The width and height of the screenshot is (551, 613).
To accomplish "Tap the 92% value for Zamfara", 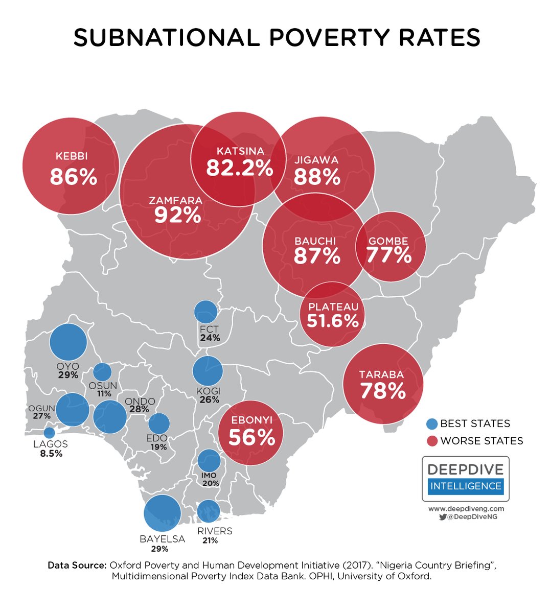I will pos(177,215).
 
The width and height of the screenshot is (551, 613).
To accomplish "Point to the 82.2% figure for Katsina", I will pos(240,168).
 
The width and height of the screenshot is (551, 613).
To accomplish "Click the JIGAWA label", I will pos(317,160).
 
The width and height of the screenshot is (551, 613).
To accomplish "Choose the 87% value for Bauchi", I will pos(317,256).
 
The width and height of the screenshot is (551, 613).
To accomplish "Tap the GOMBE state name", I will pos(388,241).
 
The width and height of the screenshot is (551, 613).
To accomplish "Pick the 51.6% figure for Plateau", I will pos(333,321).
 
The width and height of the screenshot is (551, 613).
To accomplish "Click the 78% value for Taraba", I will pos(383,391).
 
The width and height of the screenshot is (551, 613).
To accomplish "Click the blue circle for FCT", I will pos(206,312).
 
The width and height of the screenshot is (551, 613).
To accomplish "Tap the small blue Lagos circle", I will pos(50,433).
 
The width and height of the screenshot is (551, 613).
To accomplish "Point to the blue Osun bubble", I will pos(102,372).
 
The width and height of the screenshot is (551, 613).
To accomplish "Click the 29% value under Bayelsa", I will pos(159,549).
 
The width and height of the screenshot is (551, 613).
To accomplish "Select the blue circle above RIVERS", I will pos(209,511).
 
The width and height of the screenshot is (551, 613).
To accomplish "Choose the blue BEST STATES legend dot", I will pos(432,423).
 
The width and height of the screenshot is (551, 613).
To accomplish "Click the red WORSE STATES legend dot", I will pos(432,441).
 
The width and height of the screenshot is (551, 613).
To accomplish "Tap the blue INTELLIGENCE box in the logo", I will pos(466,486).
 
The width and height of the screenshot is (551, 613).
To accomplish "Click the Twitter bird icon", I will pos(443,516).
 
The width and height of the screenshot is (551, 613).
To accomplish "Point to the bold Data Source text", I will pos(77,565).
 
